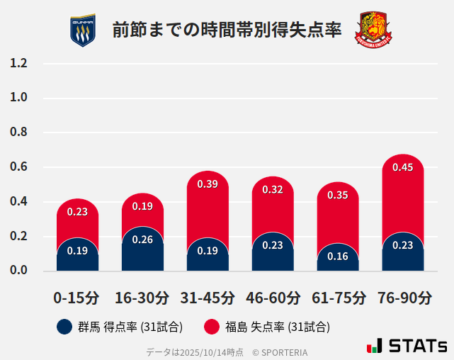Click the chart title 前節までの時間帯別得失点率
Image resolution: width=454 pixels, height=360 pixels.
tap(227, 30)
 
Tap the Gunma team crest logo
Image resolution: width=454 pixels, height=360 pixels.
tap(83, 30)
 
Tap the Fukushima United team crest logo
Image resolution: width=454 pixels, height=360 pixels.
tap(373, 30)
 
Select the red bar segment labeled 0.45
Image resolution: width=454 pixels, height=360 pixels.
tap(403, 191)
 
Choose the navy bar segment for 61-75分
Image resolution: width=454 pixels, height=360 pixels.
tap(338, 258)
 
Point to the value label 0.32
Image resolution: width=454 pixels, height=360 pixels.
tap(273, 189)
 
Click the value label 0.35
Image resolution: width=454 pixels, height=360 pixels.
tap(338, 195)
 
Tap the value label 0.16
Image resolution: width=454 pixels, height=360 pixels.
tap(338, 257)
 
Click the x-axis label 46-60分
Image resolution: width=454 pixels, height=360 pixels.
tap(273, 298)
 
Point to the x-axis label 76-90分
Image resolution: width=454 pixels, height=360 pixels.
tap(403, 298)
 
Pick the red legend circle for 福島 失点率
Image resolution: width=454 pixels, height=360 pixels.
tap(211, 327)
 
